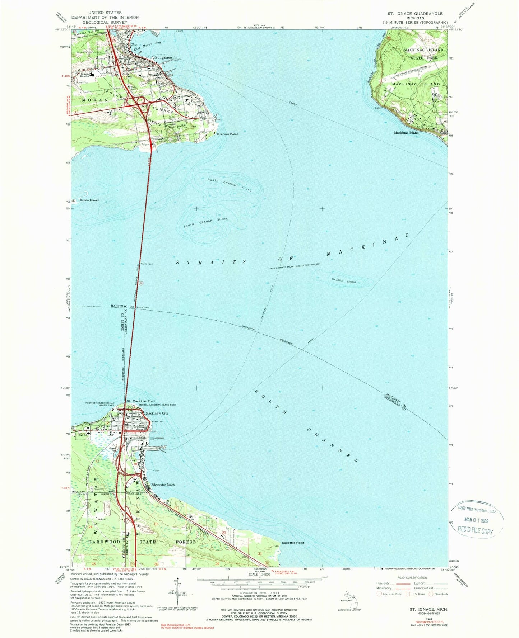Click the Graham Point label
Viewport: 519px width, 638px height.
click(x=227, y=134)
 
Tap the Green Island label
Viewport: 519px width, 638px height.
click(x=89, y=200)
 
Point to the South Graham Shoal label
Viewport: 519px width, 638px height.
click(x=205, y=222)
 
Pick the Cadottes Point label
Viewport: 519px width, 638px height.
click(x=293, y=543)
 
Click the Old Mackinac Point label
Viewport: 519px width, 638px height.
click(x=140, y=401)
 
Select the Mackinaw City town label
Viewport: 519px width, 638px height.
click(x=157, y=413)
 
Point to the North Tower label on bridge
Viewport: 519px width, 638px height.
click(x=147, y=264)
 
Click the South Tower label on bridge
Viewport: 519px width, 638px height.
click(x=143, y=307)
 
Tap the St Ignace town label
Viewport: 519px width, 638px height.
click(x=163, y=57)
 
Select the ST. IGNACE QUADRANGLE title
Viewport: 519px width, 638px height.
click(x=415, y=13)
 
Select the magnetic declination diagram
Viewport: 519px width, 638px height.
click(x=176, y=594)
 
